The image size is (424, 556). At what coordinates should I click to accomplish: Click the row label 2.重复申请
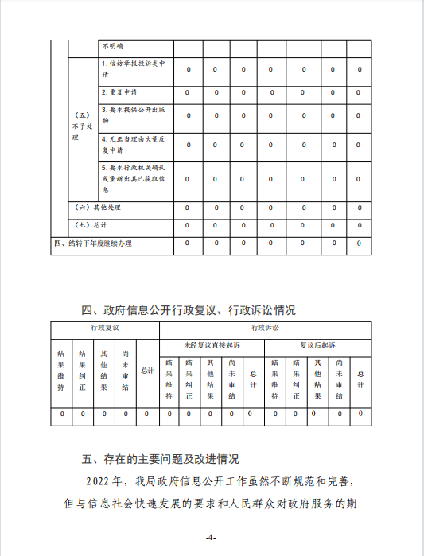[119, 93]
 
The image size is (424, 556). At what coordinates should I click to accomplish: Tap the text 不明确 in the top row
[112, 47]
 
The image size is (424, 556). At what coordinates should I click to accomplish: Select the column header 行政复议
[104, 328]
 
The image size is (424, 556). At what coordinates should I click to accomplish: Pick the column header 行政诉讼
[265, 328]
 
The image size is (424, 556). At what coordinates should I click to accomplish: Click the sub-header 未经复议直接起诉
[211, 345]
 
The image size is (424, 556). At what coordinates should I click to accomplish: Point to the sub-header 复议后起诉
[317, 345]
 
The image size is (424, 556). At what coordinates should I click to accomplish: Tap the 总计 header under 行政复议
[146, 370]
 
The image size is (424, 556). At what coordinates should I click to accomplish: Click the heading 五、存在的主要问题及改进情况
[160, 459]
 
